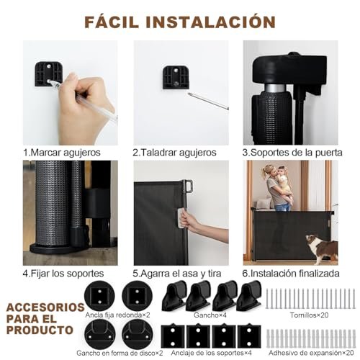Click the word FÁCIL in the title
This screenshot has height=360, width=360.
pyautogui.click(x=112, y=22)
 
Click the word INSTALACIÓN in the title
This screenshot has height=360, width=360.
pyautogui.click(x=211, y=22)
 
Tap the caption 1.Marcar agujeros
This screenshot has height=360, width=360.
pyautogui.click(x=62, y=153)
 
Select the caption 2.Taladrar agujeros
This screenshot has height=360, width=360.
pyautogui.click(x=174, y=153)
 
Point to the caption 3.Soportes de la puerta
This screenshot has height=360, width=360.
pyautogui.click(x=292, y=153)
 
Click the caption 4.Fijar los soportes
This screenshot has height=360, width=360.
pyautogui.click(x=63, y=274)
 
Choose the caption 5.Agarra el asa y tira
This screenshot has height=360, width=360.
pyautogui.click(x=177, y=274)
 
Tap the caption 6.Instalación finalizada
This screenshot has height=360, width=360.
pyautogui.click(x=291, y=274)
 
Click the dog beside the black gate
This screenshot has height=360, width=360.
pyautogui.click(x=322, y=248)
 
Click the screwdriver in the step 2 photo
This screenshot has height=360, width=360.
pyautogui.click(x=208, y=101)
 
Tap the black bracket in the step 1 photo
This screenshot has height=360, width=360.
pyautogui.click(x=49, y=74)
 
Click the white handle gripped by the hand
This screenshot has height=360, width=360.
pyautogui.click(x=181, y=218)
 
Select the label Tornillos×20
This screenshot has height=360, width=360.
pyautogui.click(x=309, y=315)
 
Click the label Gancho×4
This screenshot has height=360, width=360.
pyautogui.click(x=210, y=315)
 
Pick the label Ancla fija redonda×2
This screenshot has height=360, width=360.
pyautogui.click(x=117, y=315)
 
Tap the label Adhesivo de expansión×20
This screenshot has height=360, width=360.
pyautogui.click(x=311, y=353)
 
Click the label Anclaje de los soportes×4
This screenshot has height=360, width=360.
pyautogui.click(x=212, y=353)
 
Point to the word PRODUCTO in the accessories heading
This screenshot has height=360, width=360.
pyautogui.click(x=40, y=330)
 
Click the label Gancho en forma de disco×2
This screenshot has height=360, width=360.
pyautogui.click(x=120, y=353)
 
